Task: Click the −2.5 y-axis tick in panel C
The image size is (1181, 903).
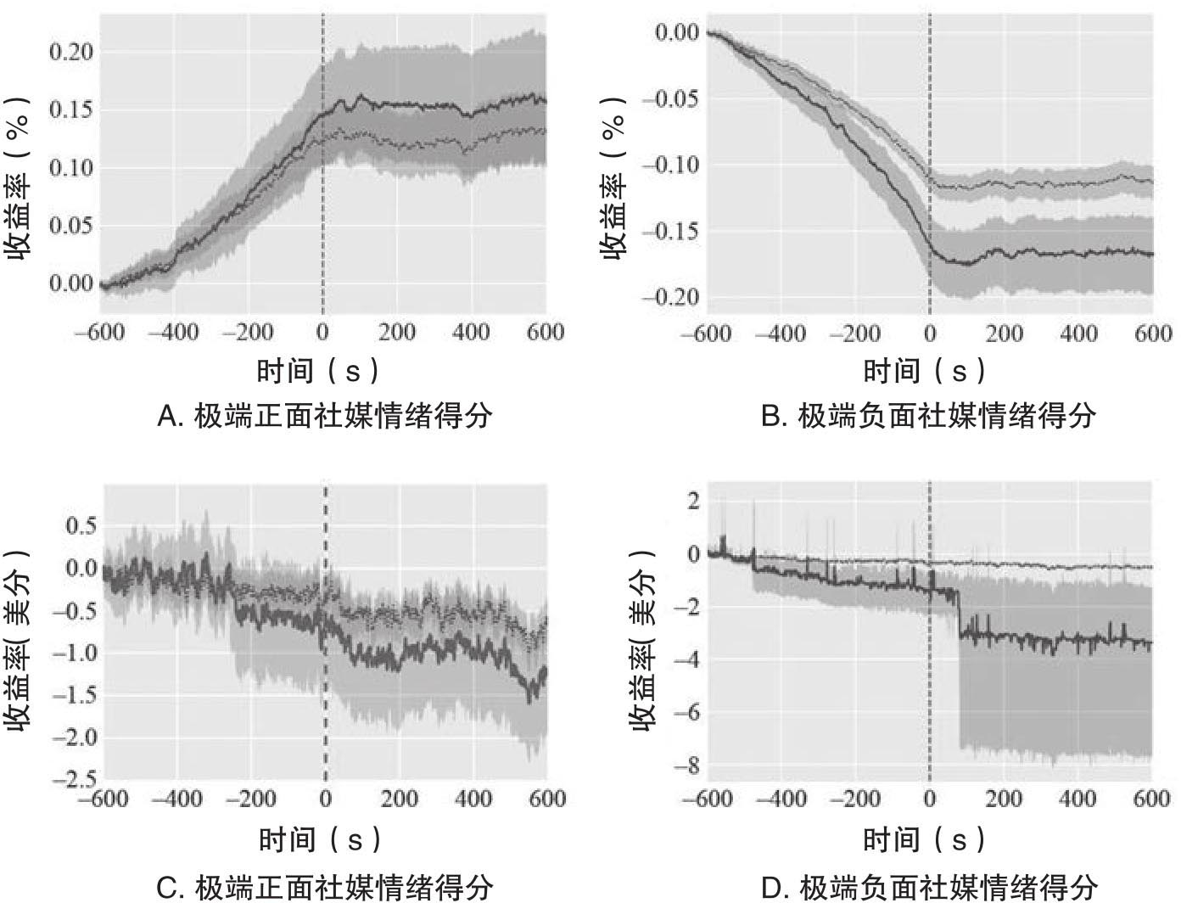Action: [x=75, y=779]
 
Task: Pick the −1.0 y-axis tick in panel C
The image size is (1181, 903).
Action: [x=75, y=653]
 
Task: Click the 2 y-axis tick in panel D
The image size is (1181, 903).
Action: [x=694, y=501]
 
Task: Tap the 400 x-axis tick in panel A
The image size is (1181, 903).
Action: [x=471, y=332]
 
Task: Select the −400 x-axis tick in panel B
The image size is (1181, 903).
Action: [x=781, y=334]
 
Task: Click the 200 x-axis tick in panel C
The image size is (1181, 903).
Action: [x=399, y=799]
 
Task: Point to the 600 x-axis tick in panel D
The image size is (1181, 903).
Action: [x=1152, y=799]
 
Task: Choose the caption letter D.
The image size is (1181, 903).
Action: [x=772, y=888]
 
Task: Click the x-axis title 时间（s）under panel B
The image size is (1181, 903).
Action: [x=926, y=371]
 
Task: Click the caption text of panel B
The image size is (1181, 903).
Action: [x=928, y=417]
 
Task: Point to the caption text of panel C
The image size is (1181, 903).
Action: [x=325, y=888]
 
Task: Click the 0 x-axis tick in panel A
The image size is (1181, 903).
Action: [x=322, y=332]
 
